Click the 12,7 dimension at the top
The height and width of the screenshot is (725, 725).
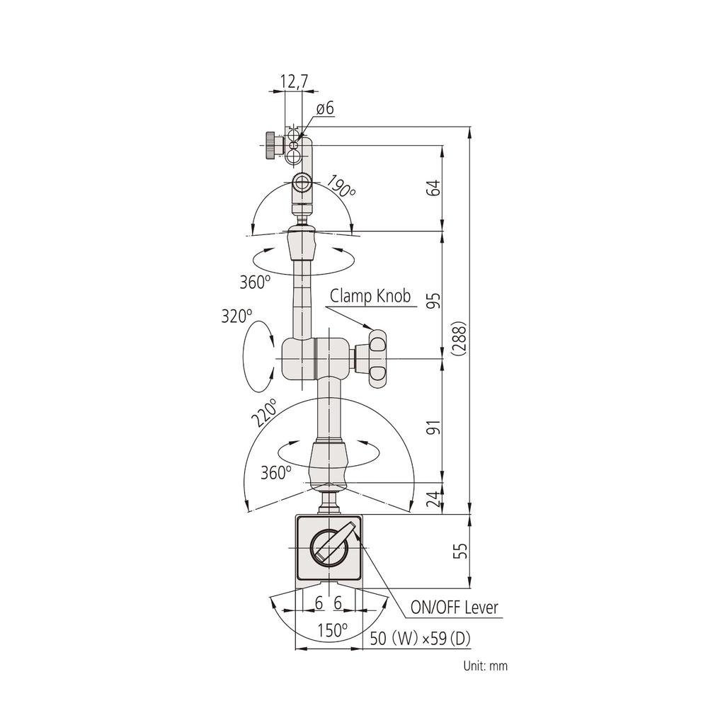(x=295, y=81)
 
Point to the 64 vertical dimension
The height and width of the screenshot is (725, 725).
(x=435, y=188)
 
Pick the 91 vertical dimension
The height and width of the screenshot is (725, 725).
(x=435, y=427)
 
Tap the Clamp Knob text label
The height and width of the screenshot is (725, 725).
(x=370, y=297)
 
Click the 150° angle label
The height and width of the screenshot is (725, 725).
(x=333, y=629)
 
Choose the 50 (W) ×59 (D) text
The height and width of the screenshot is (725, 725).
(x=420, y=639)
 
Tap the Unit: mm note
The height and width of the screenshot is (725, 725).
(x=485, y=666)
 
